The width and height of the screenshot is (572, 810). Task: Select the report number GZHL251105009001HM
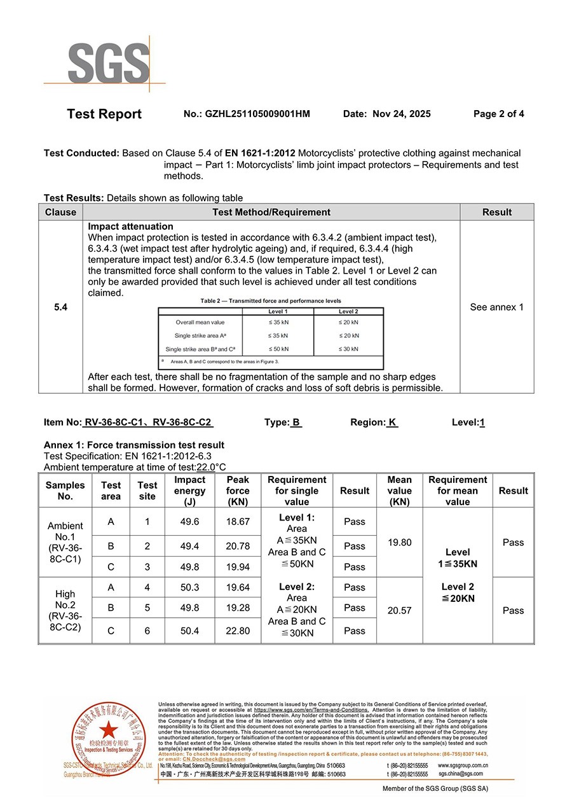pos(257,114)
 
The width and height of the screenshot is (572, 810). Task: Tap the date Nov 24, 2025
pos(401,114)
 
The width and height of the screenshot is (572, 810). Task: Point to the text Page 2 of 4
pos(499,114)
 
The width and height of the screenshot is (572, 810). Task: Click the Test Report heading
pos(104,115)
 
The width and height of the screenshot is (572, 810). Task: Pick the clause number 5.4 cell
pos(60,307)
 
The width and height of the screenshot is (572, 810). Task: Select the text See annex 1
pos(497,307)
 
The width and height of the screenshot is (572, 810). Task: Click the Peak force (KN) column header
pos(238,491)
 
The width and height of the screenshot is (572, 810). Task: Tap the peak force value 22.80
pos(238,631)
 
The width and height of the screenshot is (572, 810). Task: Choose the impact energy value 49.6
pos(189,522)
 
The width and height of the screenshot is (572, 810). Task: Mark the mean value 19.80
pos(399,543)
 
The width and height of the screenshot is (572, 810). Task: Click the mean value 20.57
pos(399,610)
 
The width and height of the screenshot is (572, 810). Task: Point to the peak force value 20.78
pos(238,546)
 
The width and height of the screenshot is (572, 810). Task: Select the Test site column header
pos(147,491)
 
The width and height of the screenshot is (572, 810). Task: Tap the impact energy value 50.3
pos(189,587)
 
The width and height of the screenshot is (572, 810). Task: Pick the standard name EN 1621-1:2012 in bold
pos(260,153)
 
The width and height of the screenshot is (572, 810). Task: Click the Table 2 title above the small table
pos(271,301)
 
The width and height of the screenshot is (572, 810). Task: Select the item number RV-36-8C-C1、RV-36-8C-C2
pos(148,422)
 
